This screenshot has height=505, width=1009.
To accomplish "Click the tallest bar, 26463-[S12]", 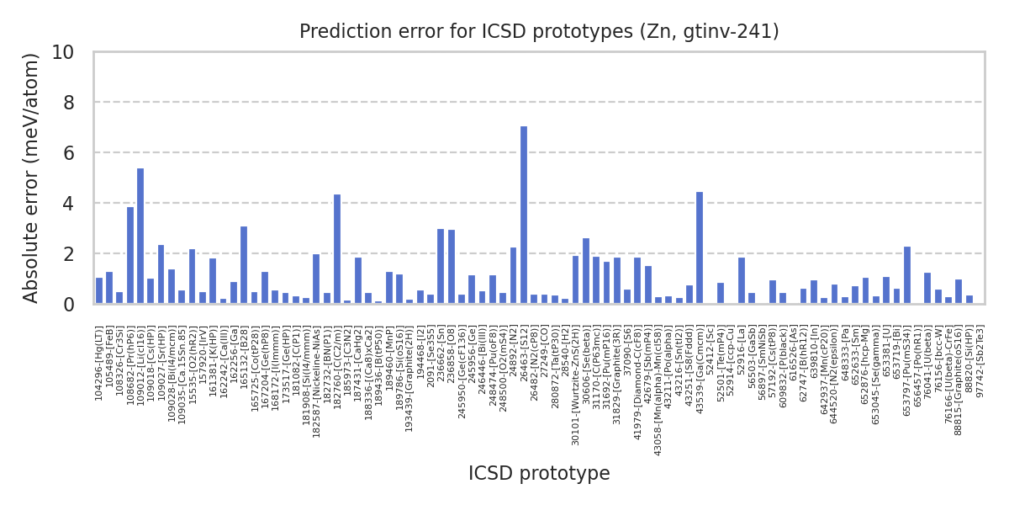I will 524,215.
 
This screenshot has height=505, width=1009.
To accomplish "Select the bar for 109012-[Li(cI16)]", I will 140,237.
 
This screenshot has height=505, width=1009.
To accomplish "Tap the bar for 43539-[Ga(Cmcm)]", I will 700,248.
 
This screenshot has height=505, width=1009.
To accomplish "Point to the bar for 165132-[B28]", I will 244,265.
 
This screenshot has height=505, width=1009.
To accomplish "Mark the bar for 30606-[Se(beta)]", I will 586,271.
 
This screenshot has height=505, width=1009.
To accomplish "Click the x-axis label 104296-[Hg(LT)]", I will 99,363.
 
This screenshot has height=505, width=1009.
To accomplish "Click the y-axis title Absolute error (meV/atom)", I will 32,178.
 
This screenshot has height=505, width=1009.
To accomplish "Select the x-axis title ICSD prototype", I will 539,474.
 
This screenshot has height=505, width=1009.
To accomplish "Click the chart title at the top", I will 539,32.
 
